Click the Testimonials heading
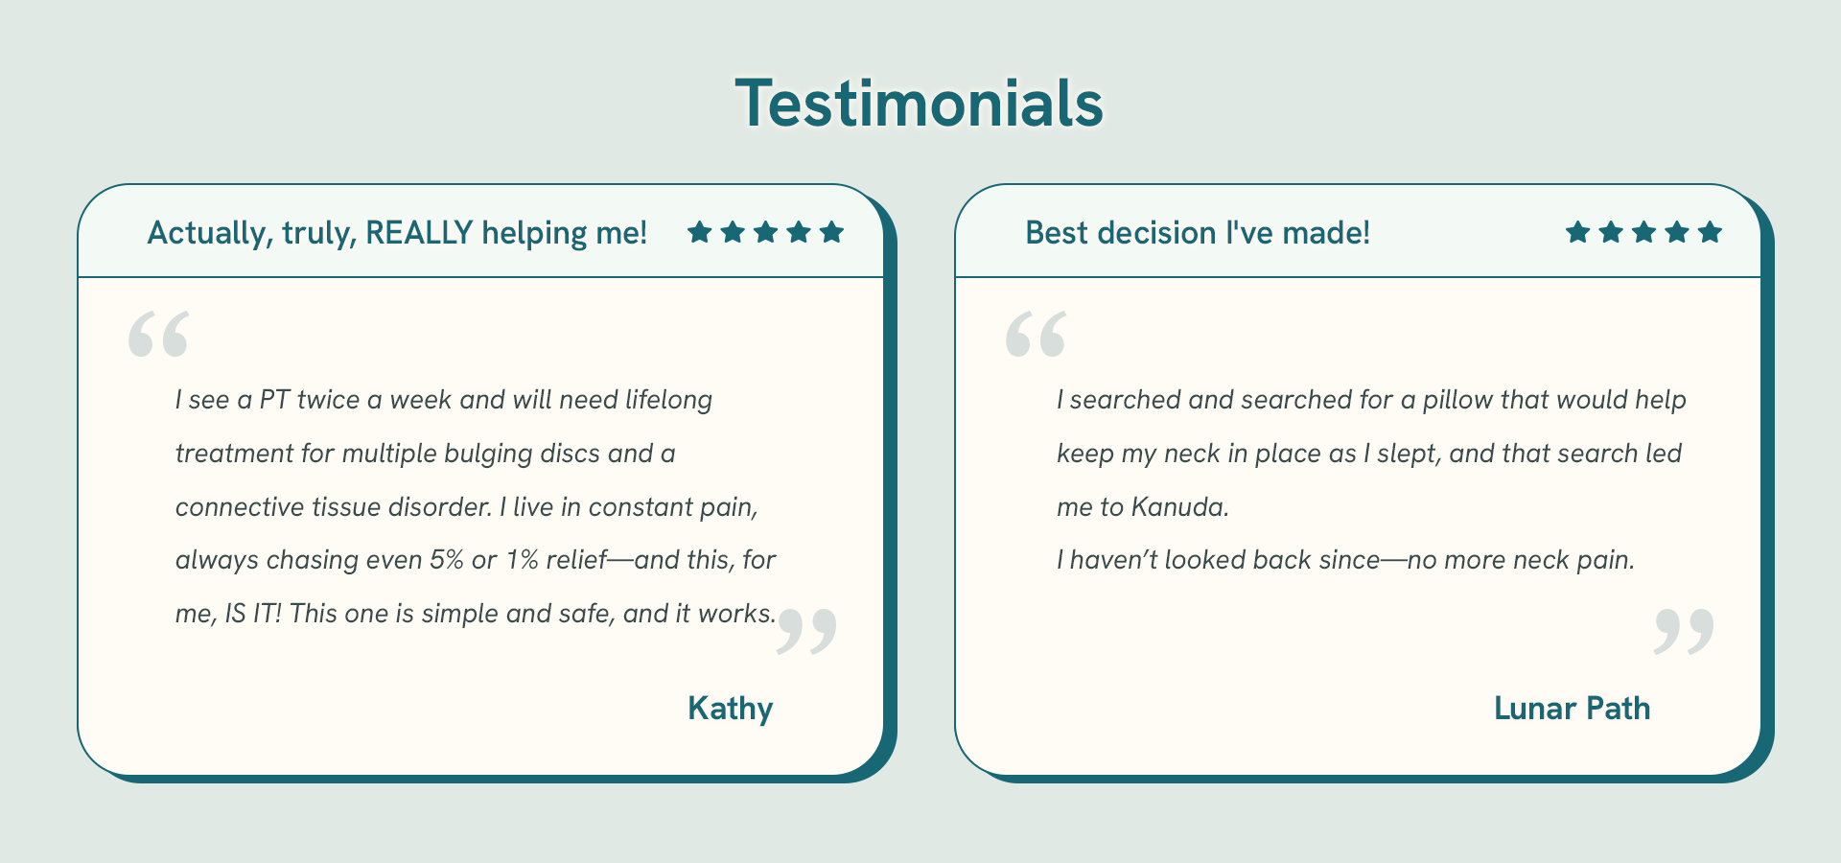pyautogui.click(x=920, y=103)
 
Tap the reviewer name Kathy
pyautogui.click(x=730, y=709)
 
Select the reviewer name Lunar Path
pyautogui.click(x=1572, y=708)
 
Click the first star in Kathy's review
pyautogui.click(x=699, y=231)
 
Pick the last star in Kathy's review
pyautogui.click(x=832, y=231)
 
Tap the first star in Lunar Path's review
pyautogui.click(x=1577, y=231)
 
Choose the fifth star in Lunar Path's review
pyautogui.click(x=1710, y=231)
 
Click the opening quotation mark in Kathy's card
pyautogui.click(x=158, y=334)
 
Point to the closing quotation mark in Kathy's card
pyautogui.click(x=806, y=631)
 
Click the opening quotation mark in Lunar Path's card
pyautogui.click(x=1036, y=334)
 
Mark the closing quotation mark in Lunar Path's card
pyautogui.click(x=1684, y=631)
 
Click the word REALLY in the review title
pyautogui.click(x=419, y=232)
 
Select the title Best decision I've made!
pyautogui.click(x=1198, y=232)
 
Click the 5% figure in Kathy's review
pyautogui.click(x=447, y=559)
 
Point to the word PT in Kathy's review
pyautogui.click(x=274, y=400)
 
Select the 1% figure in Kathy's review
pyautogui.click(x=522, y=559)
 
